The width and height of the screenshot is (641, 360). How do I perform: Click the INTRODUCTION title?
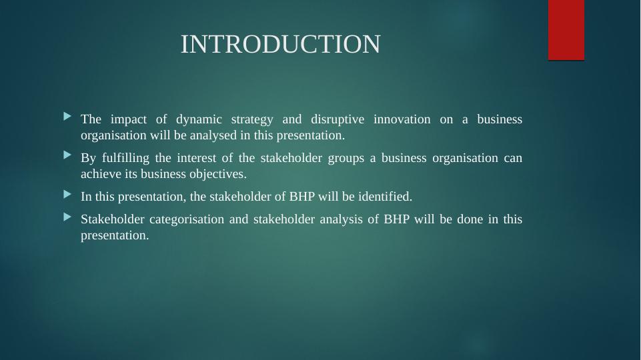(280, 45)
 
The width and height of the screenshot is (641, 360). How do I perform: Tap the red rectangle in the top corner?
(566, 30)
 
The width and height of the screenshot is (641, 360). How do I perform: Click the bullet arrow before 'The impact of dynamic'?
(67, 117)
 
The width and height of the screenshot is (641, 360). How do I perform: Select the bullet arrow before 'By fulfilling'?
(67, 155)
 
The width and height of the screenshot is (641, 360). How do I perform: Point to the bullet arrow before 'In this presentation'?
(67, 195)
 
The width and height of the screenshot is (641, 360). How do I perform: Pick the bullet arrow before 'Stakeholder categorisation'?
(67, 217)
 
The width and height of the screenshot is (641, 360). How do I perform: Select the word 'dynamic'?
(197, 119)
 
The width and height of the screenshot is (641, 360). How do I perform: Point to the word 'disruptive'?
(338, 119)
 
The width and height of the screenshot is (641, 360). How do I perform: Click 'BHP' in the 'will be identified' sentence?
(303, 197)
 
